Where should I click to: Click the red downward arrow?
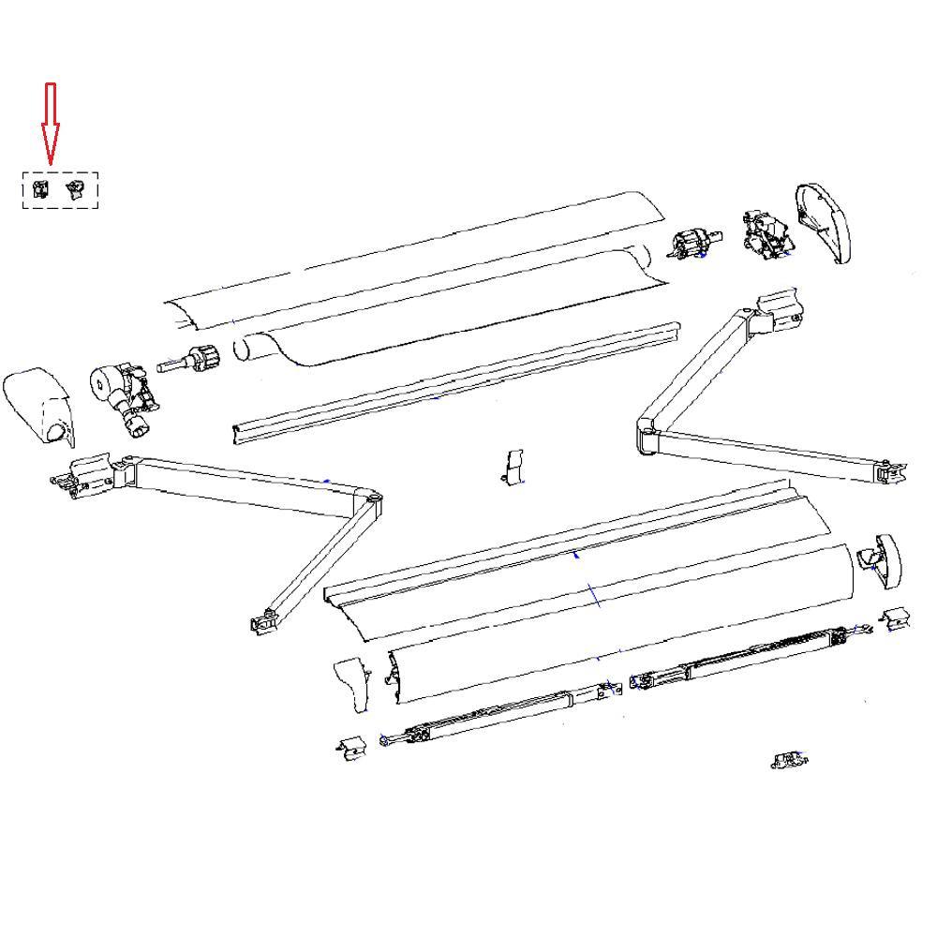(x=51, y=122)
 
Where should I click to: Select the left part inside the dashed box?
(x=40, y=190)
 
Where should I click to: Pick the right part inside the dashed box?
(x=75, y=190)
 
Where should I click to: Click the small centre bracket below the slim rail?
(x=513, y=466)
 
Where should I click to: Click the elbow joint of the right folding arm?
(x=648, y=435)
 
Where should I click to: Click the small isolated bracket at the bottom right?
(x=789, y=760)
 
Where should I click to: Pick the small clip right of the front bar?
(x=895, y=618)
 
